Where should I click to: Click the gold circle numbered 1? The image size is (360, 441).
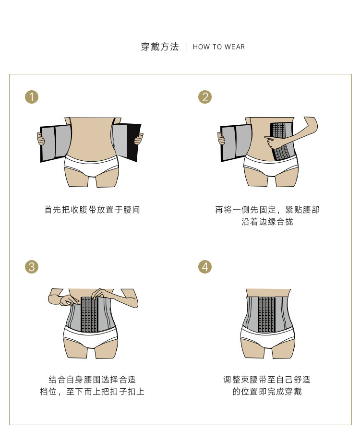coord(31,97)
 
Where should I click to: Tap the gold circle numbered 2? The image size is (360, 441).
coord(205,97)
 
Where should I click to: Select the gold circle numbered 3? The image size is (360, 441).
coord(31,267)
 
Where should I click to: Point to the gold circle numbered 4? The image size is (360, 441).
coord(205,267)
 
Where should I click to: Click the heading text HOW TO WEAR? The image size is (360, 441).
coord(219,47)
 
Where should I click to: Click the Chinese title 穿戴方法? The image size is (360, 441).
coord(159,47)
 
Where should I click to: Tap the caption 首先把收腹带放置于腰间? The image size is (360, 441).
coord(92,210)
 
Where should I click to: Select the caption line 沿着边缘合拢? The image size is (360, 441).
coord(267,222)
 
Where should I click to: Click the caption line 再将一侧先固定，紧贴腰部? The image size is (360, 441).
coord(267,210)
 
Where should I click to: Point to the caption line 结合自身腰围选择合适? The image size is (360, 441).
coord(92,379)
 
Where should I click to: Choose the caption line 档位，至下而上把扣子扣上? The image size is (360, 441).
coord(92,392)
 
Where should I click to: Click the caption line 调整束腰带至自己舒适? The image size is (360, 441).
coord(267,379)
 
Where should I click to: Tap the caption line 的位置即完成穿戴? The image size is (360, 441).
coord(267,392)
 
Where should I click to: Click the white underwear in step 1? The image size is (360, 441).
coord(91,164)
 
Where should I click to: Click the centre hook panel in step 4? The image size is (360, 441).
coord(266,314)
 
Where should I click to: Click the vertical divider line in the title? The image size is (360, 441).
coord(186,47)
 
